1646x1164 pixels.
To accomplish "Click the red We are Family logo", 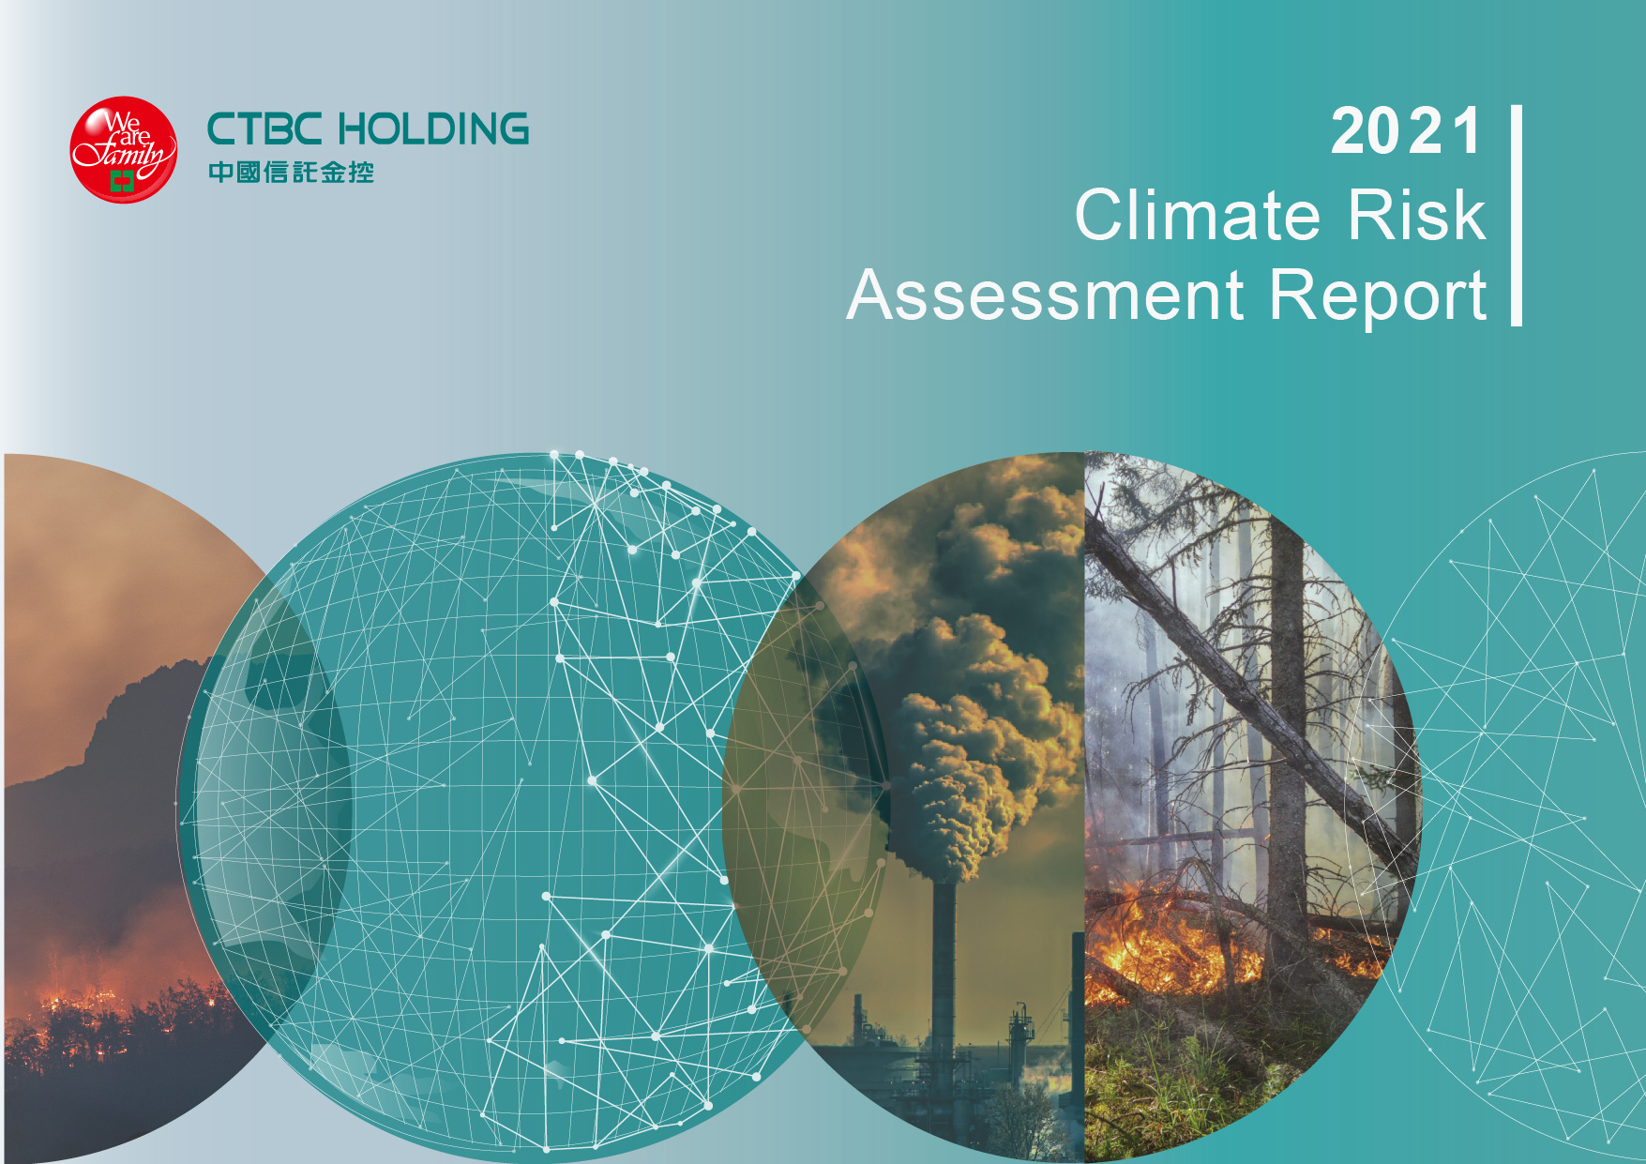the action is tap(123, 149).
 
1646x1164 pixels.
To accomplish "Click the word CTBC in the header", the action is tap(264, 129).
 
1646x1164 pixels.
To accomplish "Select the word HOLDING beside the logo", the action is tap(433, 129).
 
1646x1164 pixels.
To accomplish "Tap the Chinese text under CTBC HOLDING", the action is tap(291, 172).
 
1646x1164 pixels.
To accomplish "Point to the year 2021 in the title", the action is tap(1407, 131).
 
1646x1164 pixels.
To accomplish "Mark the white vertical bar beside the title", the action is tap(1517, 216).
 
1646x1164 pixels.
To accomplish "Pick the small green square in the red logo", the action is tap(122, 180).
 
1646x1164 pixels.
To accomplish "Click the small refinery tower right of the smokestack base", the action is tap(1020, 1041).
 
